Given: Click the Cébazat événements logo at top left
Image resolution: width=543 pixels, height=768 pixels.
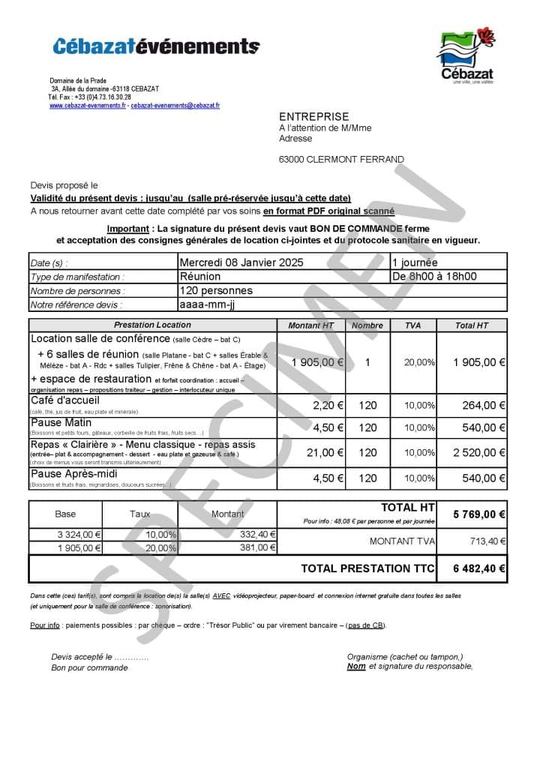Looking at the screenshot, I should pyautogui.click(x=156, y=46).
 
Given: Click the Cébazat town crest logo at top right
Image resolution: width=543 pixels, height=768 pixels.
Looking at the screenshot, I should pyautogui.click(x=466, y=56).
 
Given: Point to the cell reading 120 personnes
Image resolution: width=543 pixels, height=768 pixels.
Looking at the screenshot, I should pyautogui.click(x=216, y=290).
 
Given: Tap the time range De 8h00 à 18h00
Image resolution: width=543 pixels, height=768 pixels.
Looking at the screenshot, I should pyautogui.click(x=435, y=276).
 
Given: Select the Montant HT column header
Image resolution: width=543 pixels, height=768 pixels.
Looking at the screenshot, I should pyautogui.click(x=310, y=325).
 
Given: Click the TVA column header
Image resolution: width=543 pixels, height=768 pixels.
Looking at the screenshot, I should pyautogui.click(x=412, y=325).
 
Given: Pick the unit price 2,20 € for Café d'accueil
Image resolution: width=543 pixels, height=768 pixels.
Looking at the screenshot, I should pyautogui.click(x=328, y=405).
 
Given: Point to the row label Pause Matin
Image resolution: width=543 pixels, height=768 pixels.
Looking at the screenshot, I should pyautogui.click(x=61, y=423).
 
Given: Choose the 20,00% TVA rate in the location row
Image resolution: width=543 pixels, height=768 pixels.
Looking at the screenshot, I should pyautogui.click(x=419, y=362).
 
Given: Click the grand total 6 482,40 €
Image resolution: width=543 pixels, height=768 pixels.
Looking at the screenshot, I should pyautogui.click(x=479, y=568).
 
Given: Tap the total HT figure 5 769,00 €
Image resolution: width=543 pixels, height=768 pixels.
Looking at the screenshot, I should pyautogui.click(x=479, y=514).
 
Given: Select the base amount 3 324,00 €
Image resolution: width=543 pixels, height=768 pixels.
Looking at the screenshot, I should pyautogui.click(x=79, y=535).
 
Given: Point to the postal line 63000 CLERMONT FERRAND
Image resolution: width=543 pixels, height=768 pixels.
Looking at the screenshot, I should pyautogui.click(x=341, y=159).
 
